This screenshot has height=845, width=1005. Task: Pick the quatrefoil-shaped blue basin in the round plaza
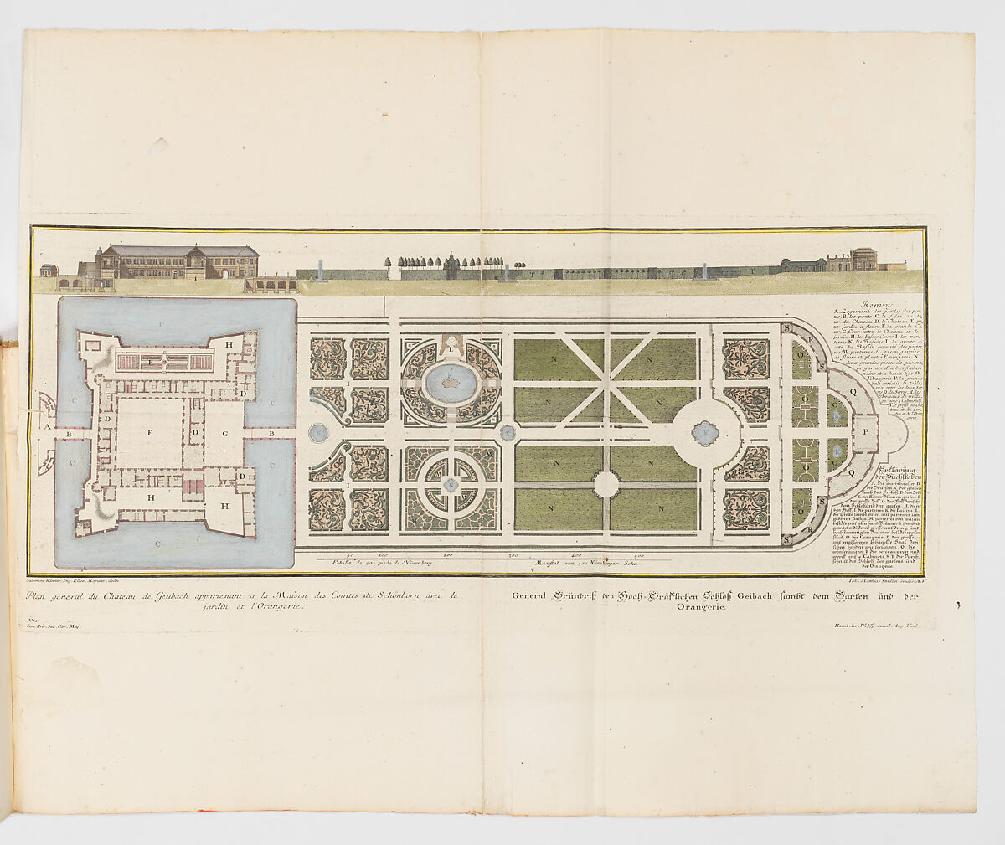coord(705,432)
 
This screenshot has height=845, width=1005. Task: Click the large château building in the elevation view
coord(178,261)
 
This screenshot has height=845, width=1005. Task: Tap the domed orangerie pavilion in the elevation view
coord(864,259)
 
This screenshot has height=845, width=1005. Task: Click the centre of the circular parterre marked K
coord(451,484)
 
